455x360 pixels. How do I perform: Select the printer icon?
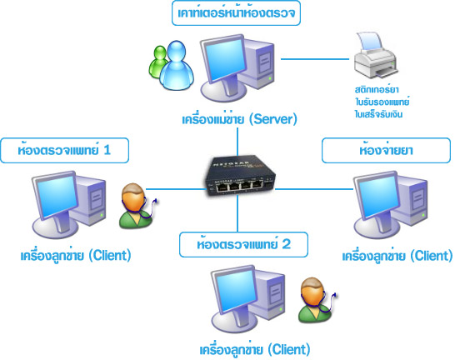click(376, 56)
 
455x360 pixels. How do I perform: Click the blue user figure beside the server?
click(177, 66)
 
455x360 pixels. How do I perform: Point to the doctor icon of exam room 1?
click(137, 205)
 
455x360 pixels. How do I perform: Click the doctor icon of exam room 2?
click(317, 300)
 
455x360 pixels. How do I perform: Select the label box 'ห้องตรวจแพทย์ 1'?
click(64, 150)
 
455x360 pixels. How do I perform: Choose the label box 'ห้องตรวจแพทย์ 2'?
click(243, 244)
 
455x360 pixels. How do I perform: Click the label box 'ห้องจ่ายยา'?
click(386, 150)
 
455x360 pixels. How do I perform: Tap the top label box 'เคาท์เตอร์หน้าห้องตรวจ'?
click(236, 13)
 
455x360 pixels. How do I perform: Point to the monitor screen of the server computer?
click(225, 60)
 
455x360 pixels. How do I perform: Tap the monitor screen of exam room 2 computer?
click(236, 291)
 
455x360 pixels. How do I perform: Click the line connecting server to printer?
click(315, 59)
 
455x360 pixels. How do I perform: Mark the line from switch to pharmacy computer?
click(314, 189)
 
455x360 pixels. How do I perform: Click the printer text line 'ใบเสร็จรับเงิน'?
click(378, 114)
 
